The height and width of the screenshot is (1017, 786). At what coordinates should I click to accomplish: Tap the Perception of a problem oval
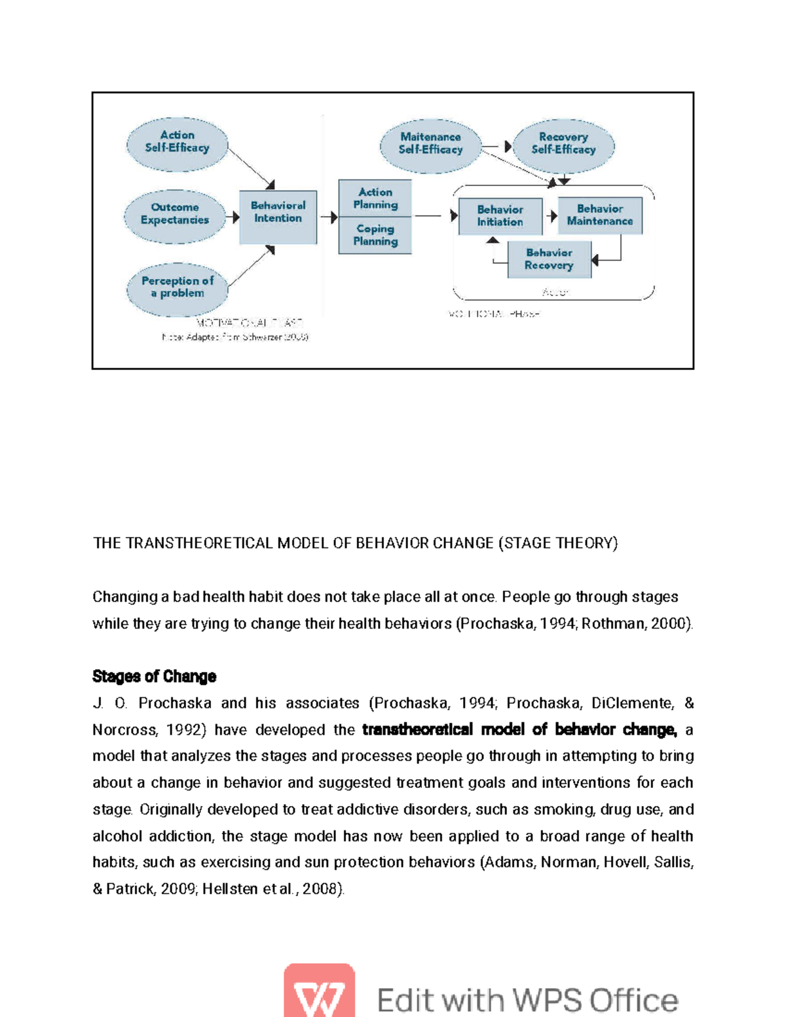pyautogui.click(x=177, y=288)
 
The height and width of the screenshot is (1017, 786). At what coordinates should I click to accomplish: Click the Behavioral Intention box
pyautogui.click(x=278, y=216)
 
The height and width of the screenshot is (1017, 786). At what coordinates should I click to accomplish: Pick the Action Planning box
pyautogui.click(x=375, y=198)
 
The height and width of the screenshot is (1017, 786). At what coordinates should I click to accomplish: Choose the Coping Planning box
pyautogui.click(x=375, y=235)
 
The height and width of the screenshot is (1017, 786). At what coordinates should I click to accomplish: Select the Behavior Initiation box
pyautogui.click(x=500, y=216)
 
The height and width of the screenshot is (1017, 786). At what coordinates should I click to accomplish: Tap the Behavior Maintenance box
pyautogui.click(x=600, y=215)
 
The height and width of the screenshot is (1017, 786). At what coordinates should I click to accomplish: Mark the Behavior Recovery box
pyautogui.click(x=549, y=259)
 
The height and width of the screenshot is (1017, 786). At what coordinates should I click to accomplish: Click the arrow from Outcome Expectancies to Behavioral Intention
pyautogui.click(x=233, y=216)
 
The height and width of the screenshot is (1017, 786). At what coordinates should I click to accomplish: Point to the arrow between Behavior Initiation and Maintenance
pyautogui.click(x=552, y=216)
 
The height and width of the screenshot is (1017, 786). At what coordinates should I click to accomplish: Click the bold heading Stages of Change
pyautogui.click(x=155, y=676)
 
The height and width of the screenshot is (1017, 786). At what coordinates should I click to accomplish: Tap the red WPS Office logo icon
pyautogui.click(x=319, y=990)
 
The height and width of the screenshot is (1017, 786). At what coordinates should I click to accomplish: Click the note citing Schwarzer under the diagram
pyautogui.click(x=235, y=337)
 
